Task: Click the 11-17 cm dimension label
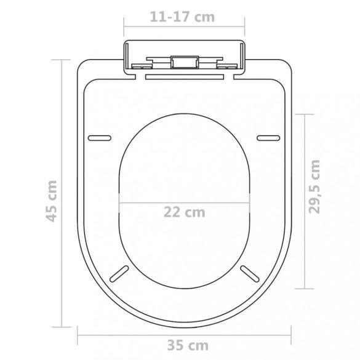click(183, 17)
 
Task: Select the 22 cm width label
click(184, 212)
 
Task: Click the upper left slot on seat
click(100, 137)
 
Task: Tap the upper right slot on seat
click(268, 137)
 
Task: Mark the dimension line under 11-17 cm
click(184, 28)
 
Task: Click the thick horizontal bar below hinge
click(185, 78)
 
